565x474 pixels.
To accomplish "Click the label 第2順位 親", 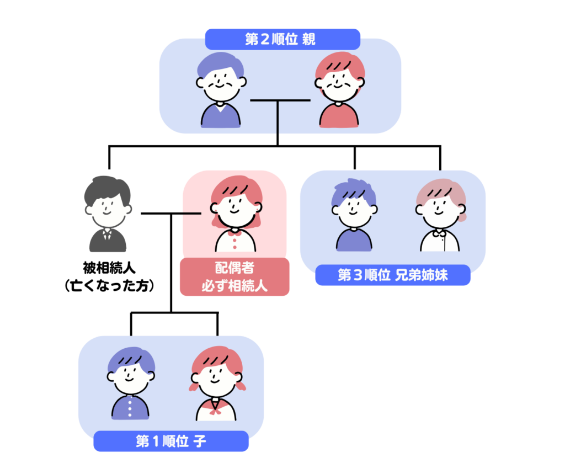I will pos(282,40).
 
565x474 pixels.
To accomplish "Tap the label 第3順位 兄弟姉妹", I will pos(392,275).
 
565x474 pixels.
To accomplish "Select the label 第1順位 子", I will pos(171,441).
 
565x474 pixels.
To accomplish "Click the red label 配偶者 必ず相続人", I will pos(234,276).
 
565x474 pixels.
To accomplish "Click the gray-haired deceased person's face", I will pos(108,209).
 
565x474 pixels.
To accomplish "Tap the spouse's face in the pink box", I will pos(236,209).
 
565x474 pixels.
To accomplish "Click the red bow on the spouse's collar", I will pos(236,233).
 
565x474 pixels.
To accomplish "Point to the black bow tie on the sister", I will pos(440,233).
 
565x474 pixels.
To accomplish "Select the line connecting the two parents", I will pos(280,100).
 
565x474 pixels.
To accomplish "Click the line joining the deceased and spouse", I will pos(171,213).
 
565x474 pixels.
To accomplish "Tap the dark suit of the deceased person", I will pos(108,241).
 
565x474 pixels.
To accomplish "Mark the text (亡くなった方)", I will pos(108,286).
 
